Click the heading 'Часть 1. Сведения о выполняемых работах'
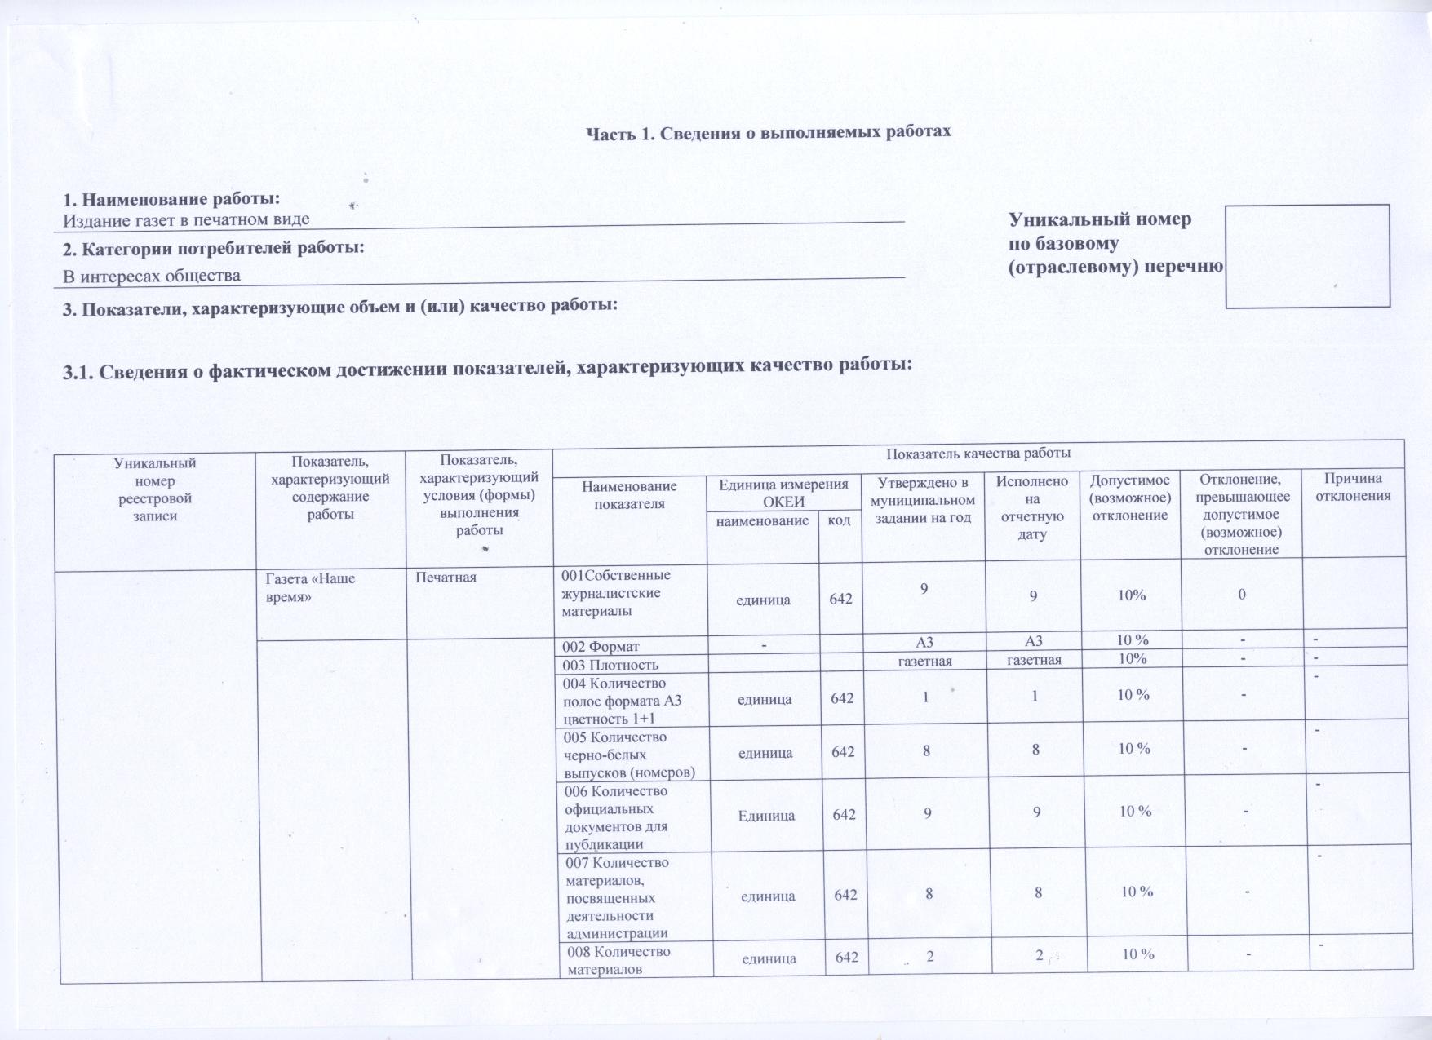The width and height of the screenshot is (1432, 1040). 769,131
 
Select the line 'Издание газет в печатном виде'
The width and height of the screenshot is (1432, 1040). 187,219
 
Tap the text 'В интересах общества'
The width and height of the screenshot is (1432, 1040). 152,276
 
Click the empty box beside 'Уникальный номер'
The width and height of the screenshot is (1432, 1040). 1307,255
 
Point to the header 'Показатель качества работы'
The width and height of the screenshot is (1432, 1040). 978,454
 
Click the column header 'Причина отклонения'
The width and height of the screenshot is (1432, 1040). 1353,488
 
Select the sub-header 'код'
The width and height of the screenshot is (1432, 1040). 839,520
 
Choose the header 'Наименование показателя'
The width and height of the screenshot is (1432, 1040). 629,495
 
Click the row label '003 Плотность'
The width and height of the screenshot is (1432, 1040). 610,665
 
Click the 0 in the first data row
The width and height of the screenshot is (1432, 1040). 1241,595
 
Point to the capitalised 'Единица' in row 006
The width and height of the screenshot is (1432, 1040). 766,815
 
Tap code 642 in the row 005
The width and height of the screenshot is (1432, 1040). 842,752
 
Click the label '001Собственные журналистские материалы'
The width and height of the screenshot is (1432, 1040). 616,593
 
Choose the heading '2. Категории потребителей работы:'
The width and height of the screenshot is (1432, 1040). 214,247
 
